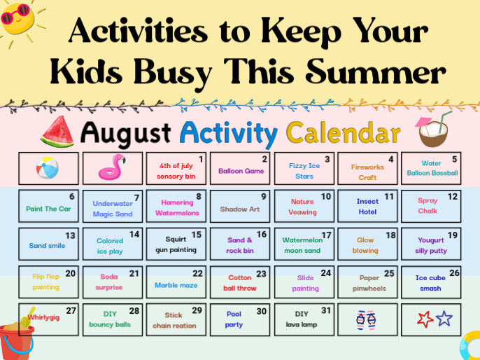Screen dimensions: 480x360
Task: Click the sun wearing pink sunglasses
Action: (x=17, y=19)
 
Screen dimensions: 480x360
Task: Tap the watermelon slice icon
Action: (x=57, y=132)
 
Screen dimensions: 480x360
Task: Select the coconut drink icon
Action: (x=433, y=130)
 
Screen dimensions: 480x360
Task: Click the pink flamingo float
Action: (x=112, y=167)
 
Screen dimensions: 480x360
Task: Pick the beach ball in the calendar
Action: (x=48, y=168)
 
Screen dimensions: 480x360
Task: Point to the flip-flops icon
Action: (x=367, y=320)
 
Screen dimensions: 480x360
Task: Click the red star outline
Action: (x=425, y=319)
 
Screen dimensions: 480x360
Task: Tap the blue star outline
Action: (x=444, y=319)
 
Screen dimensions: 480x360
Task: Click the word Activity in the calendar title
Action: (x=229, y=134)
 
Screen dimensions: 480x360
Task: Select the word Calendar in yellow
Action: (x=344, y=132)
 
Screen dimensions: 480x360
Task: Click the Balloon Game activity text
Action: (x=241, y=171)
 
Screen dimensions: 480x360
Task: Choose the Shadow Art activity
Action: (x=240, y=209)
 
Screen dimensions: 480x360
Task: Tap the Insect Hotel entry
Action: (x=367, y=207)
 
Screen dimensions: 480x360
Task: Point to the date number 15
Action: (x=196, y=235)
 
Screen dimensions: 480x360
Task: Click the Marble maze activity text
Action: (x=176, y=285)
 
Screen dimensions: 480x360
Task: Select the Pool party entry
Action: (x=234, y=319)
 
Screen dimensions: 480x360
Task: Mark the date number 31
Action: (x=326, y=311)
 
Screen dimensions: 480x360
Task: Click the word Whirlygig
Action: (x=43, y=317)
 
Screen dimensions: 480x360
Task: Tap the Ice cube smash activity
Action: (x=430, y=283)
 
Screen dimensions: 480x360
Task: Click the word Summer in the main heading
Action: (x=376, y=71)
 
